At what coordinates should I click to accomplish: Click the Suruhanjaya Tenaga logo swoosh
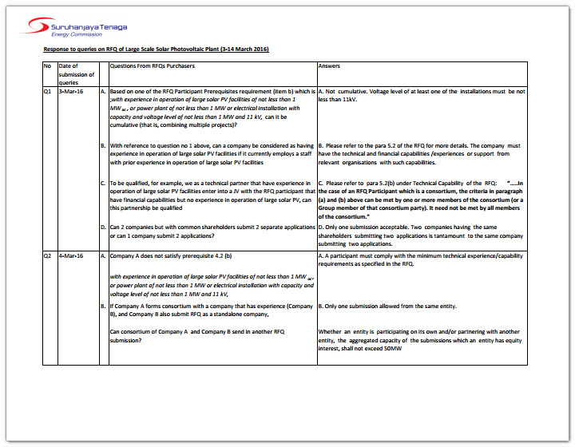click(x=37, y=27)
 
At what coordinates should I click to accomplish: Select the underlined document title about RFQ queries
click(x=156, y=49)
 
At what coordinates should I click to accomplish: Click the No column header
click(x=47, y=66)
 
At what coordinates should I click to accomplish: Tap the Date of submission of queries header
click(x=77, y=74)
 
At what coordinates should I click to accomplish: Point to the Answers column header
click(x=329, y=66)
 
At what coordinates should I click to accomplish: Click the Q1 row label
click(x=48, y=92)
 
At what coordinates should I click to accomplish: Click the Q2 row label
click(x=48, y=255)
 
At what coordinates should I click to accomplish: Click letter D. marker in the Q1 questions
click(x=103, y=227)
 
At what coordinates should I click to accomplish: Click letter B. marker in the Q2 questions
click(x=103, y=306)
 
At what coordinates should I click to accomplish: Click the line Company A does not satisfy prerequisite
click(x=170, y=255)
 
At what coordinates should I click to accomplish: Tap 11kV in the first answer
click(x=350, y=100)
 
